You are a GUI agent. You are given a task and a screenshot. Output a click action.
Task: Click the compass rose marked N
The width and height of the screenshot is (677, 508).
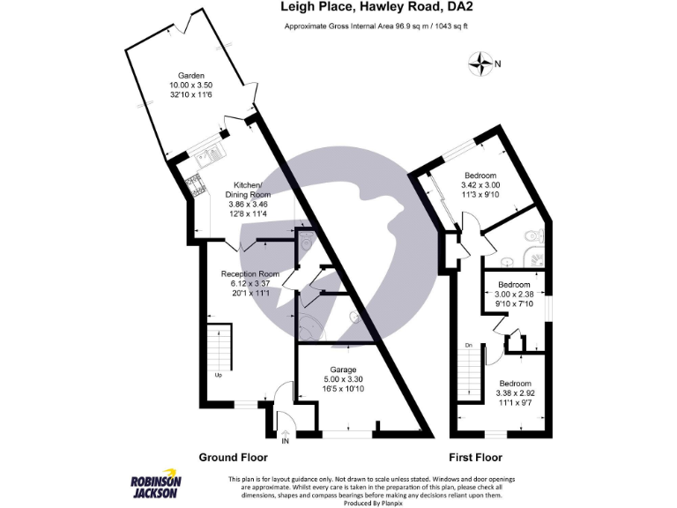pyautogui.click(x=481, y=63)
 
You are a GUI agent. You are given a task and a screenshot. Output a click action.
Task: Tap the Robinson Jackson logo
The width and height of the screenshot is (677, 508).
pyautogui.click(x=156, y=486)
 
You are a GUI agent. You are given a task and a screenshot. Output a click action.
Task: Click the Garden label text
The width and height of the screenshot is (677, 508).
pyautogui.click(x=191, y=76)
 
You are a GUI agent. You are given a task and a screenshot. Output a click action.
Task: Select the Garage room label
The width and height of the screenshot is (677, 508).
pyautogui.click(x=343, y=370)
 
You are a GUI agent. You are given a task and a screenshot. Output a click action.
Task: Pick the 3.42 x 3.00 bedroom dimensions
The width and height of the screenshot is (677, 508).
pyautogui.click(x=480, y=185)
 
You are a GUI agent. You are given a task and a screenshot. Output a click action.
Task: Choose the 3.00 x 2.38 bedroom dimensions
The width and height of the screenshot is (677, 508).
pyautogui.click(x=513, y=296)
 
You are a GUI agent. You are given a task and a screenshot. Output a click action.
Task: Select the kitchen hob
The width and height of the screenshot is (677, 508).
pyautogui.click(x=193, y=185)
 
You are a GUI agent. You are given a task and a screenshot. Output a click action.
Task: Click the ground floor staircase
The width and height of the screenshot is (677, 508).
pyautogui.click(x=218, y=351)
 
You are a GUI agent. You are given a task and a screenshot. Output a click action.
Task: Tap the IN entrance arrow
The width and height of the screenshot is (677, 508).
pyautogui.click(x=285, y=432)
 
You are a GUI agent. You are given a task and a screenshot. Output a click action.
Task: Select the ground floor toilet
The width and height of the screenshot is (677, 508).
pyautogui.click(x=304, y=240)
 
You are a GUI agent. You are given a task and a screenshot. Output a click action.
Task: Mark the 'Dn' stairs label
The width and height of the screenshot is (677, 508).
pyautogui.click(x=469, y=345)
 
